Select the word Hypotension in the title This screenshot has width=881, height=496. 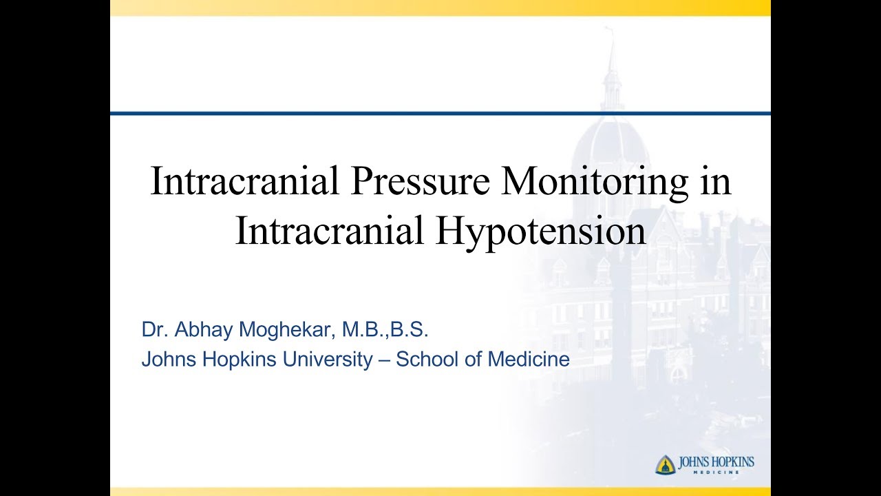coord(540,231)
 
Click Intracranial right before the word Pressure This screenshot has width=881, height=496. coord(244,182)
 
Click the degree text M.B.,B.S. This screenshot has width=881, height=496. coord(387,329)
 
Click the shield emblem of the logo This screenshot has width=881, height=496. coord(665,465)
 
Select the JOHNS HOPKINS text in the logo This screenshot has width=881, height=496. coord(716,462)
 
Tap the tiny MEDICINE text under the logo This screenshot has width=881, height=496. coord(717,473)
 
